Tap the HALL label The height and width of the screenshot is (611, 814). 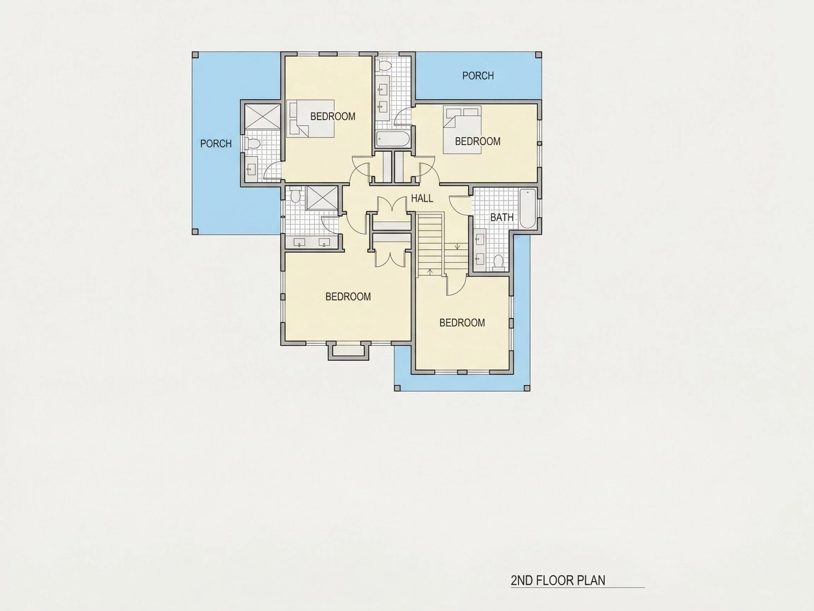point(422,198)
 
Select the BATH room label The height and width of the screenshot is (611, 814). point(502,217)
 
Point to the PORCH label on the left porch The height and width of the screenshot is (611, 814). point(216,144)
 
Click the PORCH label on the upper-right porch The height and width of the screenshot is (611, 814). point(478,76)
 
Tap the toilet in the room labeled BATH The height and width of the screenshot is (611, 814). point(498,263)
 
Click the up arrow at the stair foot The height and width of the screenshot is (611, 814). point(430,272)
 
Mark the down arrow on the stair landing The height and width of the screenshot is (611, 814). point(458,246)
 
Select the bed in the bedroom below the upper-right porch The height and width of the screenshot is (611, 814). point(462,129)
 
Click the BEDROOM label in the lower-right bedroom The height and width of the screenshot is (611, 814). point(462,323)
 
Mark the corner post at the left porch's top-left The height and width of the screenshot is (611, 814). point(195,55)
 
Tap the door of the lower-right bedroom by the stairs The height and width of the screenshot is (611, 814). point(456,286)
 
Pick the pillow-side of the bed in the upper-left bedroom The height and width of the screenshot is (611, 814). point(293,118)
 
